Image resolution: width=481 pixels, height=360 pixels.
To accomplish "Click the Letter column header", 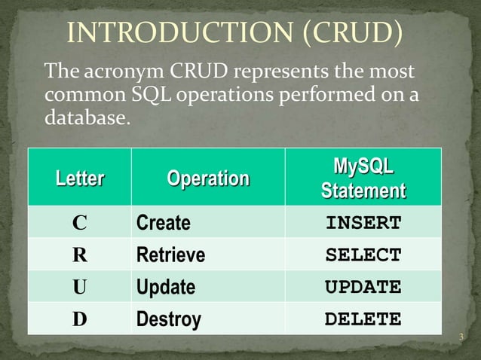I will pyautogui.click(x=79, y=179).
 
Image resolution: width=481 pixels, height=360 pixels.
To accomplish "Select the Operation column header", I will pyautogui.click(x=208, y=179).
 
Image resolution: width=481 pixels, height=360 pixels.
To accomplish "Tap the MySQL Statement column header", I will pyautogui.click(x=363, y=178).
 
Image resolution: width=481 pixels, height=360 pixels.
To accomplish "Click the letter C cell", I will pyautogui.click(x=79, y=224).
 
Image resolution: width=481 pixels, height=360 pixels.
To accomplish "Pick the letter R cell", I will pyautogui.click(x=79, y=255).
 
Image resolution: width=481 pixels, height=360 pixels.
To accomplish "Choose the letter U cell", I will pyautogui.click(x=79, y=288).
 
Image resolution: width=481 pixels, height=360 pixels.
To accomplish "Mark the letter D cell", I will pyautogui.click(x=79, y=319).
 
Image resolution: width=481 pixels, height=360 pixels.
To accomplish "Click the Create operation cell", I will pyautogui.click(x=164, y=224).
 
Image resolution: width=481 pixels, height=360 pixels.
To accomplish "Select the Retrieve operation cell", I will pyautogui.click(x=170, y=255).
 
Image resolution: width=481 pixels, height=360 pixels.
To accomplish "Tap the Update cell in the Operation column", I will pyautogui.click(x=166, y=288).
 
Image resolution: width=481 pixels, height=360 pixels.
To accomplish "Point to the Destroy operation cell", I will pyautogui.click(x=169, y=319).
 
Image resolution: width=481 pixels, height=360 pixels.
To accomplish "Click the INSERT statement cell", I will pyautogui.click(x=363, y=224).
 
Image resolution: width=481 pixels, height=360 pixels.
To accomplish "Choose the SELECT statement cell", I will pyautogui.click(x=363, y=255).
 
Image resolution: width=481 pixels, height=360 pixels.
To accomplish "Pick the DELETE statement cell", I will pyautogui.click(x=363, y=319).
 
